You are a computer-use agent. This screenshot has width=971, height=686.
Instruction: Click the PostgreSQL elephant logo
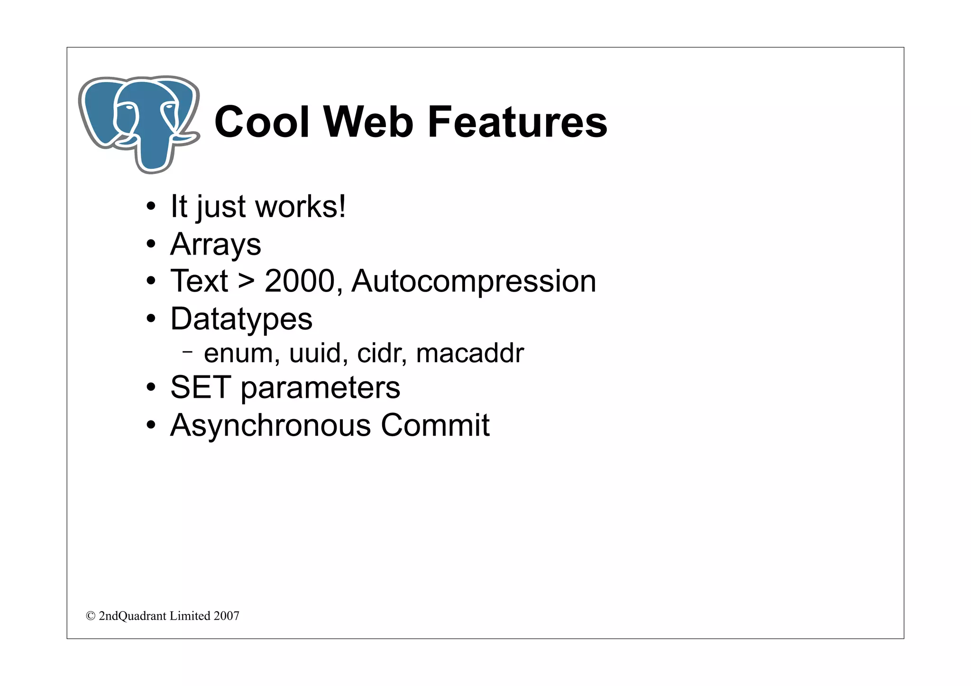139,124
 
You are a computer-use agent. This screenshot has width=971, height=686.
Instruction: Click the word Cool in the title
262,122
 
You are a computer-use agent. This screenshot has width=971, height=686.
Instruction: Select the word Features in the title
517,122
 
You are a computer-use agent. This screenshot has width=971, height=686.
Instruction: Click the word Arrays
216,244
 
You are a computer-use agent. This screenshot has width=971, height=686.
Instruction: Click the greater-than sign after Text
246,282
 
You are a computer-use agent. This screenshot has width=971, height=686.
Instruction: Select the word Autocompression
474,281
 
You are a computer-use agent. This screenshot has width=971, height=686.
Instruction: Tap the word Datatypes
241,319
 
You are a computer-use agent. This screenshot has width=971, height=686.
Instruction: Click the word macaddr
470,354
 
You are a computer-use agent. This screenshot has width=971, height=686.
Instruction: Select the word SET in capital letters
201,387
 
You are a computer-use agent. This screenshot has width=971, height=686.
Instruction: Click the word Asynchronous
271,425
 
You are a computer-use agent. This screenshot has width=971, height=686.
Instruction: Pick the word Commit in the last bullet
435,425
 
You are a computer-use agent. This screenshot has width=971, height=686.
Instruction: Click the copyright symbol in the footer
91,616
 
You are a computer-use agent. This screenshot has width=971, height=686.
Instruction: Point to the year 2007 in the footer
227,616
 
